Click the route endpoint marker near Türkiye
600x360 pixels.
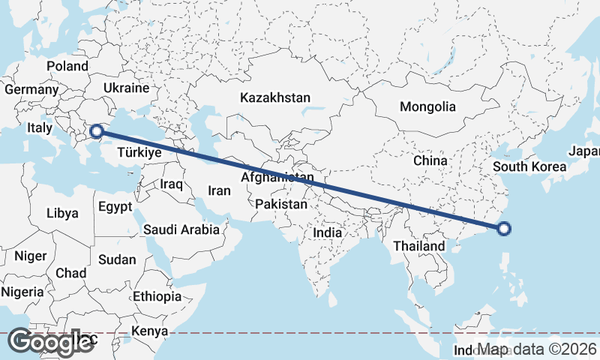[96, 133]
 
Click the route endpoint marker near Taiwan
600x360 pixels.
[504, 229]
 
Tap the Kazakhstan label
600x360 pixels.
[274, 97]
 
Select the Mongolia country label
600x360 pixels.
[427, 106]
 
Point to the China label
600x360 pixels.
[430, 160]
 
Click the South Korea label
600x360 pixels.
[529, 166]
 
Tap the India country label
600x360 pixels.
[327, 232]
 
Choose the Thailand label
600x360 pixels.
[418, 246]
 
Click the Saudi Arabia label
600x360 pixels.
[181, 229]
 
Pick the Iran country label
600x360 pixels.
[219, 190]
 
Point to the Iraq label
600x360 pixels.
[172, 184]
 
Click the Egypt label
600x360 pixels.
[115, 206]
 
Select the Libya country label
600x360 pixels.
[62, 213]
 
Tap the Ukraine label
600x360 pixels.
[127, 88]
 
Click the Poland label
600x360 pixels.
[67, 66]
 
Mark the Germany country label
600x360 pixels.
[31, 90]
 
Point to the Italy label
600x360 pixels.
[40, 128]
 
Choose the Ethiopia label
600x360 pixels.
[157, 296]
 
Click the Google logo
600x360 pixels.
[49, 342]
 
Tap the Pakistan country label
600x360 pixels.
[281, 204]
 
